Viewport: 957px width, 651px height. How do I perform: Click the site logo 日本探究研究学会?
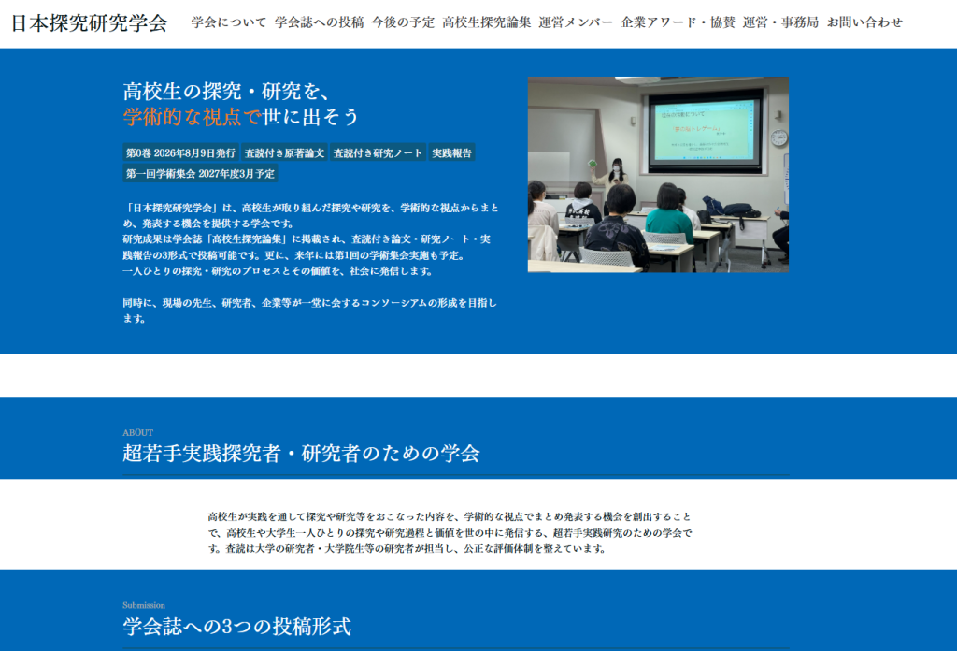tap(89, 23)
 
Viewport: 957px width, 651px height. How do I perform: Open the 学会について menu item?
tap(229, 22)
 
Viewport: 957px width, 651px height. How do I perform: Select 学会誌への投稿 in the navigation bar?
tap(320, 22)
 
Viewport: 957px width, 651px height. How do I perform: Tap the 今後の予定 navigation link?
tap(404, 22)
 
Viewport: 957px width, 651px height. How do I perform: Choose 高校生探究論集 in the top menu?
tap(487, 22)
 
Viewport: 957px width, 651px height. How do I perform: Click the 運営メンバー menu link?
tap(576, 22)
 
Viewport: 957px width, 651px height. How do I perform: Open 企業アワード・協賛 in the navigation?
tap(678, 22)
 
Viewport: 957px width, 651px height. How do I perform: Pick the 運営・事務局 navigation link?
tap(780, 22)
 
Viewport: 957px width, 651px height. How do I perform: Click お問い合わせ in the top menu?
tap(864, 22)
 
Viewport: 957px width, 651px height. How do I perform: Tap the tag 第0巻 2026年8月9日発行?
tap(180, 152)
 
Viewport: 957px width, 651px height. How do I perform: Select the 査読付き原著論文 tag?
tap(284, 152)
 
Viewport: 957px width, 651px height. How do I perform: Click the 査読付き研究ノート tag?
tap(378, 152)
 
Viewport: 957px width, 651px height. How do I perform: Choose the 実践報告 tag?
tap(451, 152)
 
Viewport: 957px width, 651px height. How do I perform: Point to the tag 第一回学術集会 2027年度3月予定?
tap(200, 173)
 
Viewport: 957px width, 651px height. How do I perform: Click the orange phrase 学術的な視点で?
tap(193, 117)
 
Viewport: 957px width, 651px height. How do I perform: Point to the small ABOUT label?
tap(138, 432)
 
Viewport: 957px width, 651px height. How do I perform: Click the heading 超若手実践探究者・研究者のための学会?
tap(301, 453)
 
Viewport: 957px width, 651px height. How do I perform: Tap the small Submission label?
tap(144, 605)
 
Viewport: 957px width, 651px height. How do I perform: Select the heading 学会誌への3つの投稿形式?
tap(236, 626)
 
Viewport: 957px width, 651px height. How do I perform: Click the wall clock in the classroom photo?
tap(778, 138)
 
